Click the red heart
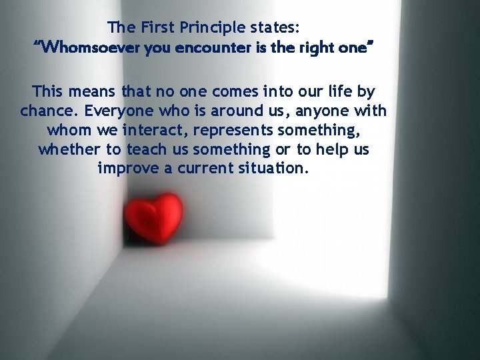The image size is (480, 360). (x=154, y=217)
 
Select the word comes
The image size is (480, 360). (x=230, y=91)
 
